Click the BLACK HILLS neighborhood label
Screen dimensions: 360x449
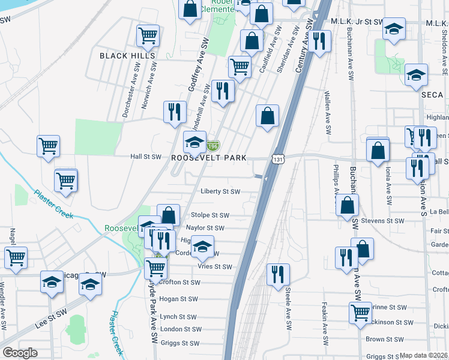click(x=127, y=56)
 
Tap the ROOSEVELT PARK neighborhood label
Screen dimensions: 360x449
click(x=209, y=158)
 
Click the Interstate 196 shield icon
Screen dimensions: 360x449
click(x=212, y=146)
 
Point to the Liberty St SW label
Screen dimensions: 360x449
click(x=220, y=192)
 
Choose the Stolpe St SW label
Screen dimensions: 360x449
click(x=210, y=215)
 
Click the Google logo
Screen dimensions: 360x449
click(x=20, y=353)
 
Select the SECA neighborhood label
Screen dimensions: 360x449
click(x=432, y=95)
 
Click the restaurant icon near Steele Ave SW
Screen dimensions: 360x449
click(x=278, y=274)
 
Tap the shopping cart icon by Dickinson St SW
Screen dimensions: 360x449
click(x=360, y=312)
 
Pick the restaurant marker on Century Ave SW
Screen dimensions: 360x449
click(x=319, y=41)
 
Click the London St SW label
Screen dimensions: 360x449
click(x=179, y=329)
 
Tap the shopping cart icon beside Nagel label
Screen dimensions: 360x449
click(x=16, y=257)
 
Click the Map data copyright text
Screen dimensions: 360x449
click(x=423, y=355)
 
